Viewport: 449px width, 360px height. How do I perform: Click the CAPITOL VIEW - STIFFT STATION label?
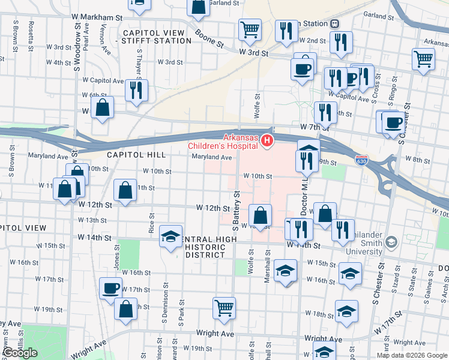(x=157, y=37)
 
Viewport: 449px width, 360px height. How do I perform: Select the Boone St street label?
(x=212, y=44)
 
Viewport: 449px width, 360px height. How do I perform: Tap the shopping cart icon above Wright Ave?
(x=224, y=308)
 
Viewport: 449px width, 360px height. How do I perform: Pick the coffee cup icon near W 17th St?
(x=111, y=288)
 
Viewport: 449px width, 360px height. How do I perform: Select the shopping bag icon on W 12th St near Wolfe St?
(x=261, y=215)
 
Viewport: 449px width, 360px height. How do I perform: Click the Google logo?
(x=20, y=352)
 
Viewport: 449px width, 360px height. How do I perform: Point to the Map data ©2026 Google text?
(x=412, y=355)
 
